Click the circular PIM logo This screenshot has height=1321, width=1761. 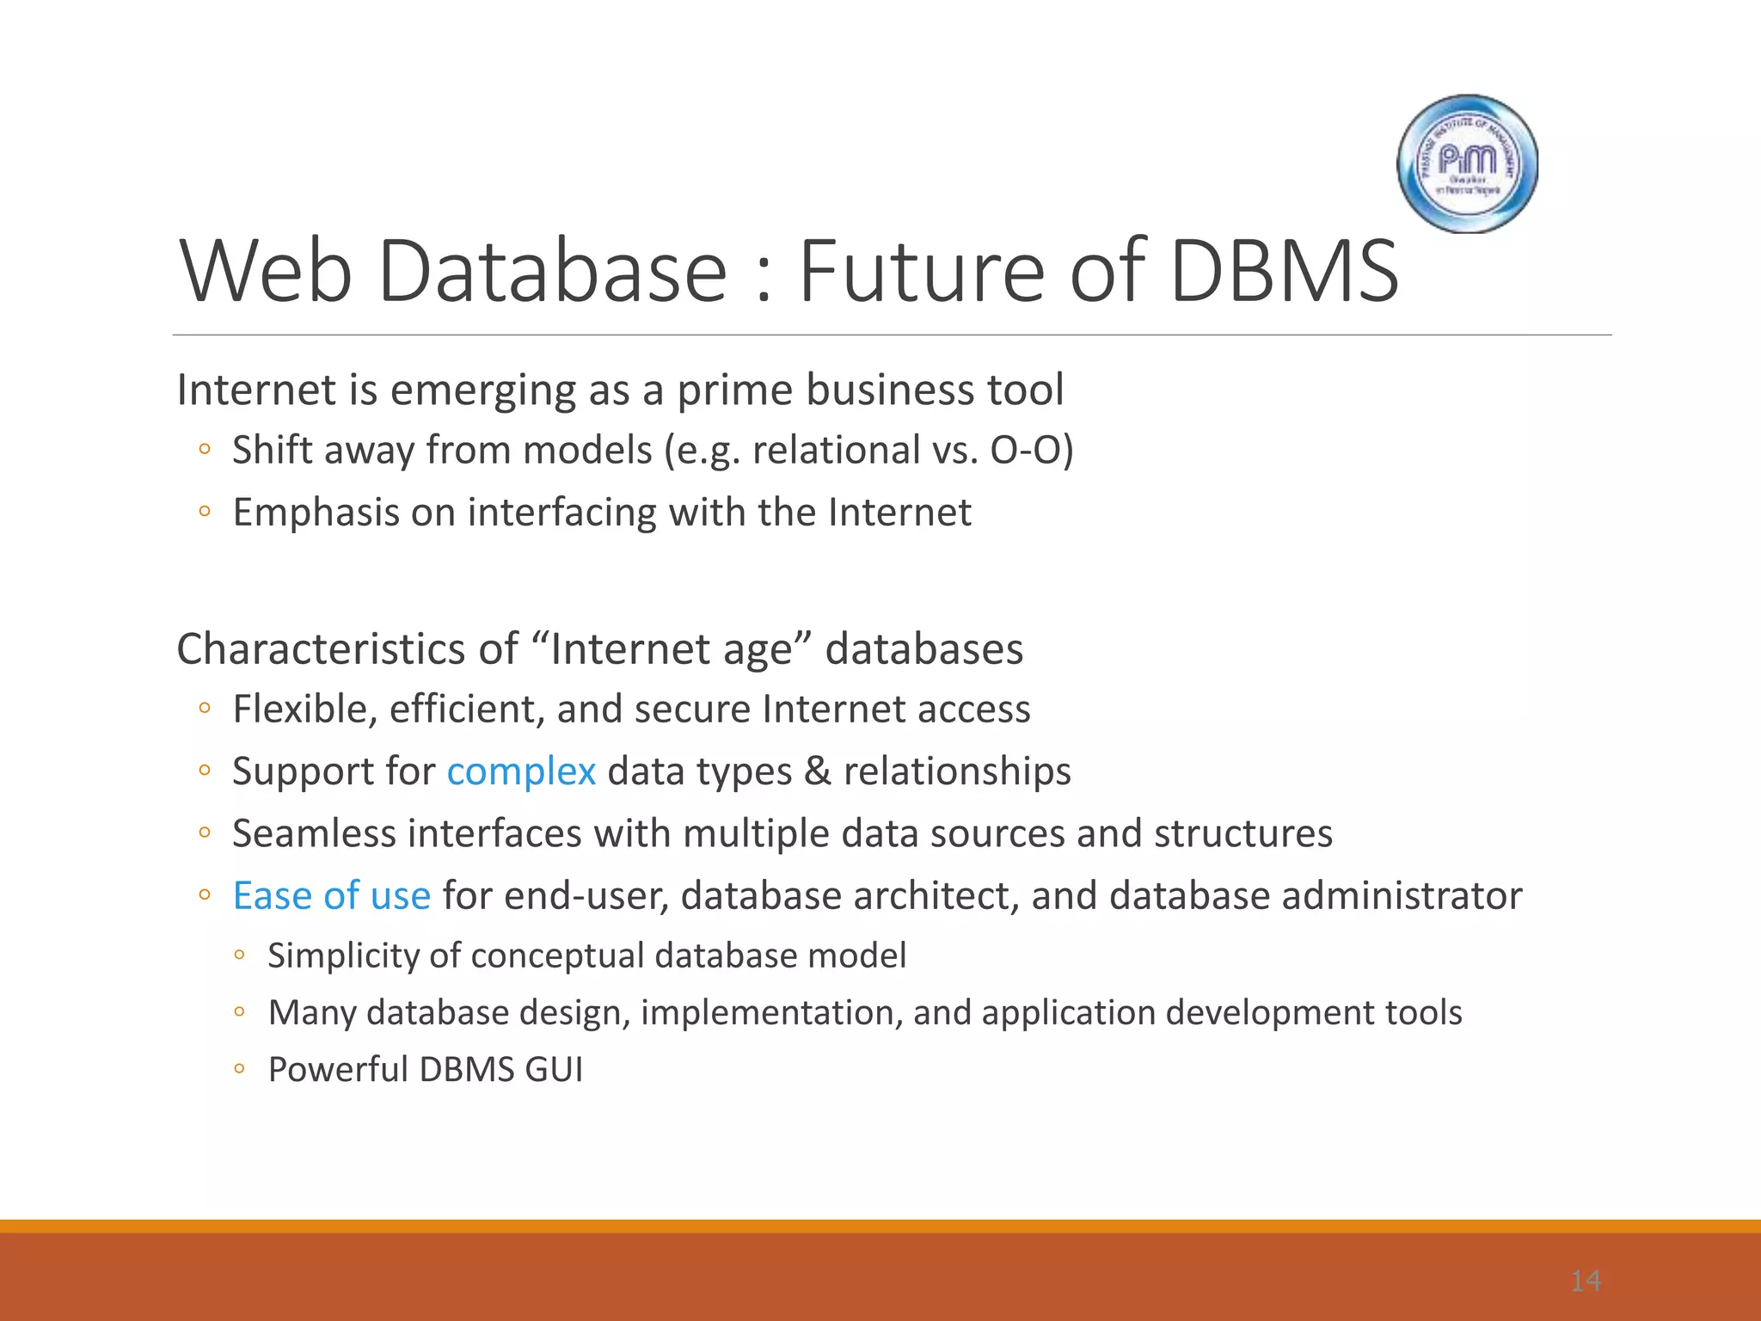point(1467,163)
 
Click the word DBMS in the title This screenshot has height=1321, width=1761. point(1284,272)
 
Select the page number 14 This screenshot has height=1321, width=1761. point(1585,1281)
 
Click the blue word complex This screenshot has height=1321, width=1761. point(521,771)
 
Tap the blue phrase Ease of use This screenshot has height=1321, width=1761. point(332,896)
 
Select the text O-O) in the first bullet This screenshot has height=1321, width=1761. point(1031,451)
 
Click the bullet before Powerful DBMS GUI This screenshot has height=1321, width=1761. point(239,1069)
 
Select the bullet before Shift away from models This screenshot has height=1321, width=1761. point(204,449)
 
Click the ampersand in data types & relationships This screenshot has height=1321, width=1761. point(817,771)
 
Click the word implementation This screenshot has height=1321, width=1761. point(771,1013)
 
